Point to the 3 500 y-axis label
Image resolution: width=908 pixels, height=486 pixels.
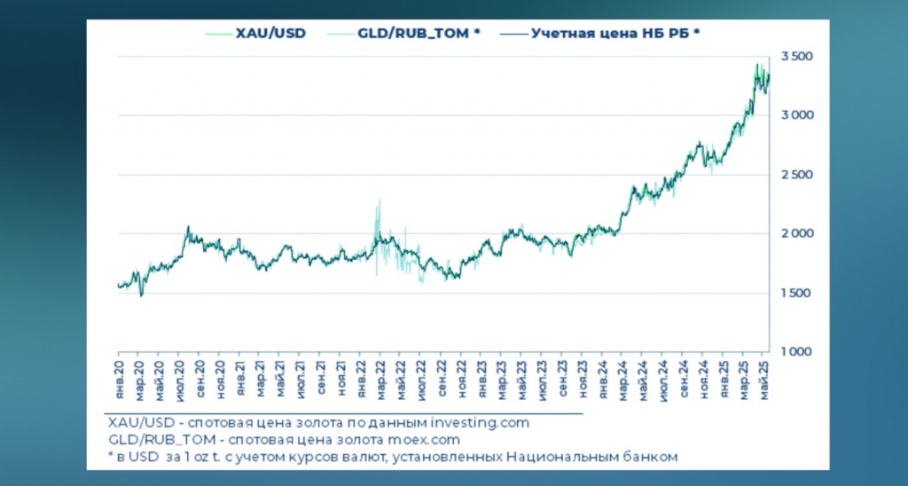pos(795,57)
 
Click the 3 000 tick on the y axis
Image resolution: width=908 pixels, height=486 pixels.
pos(795,116)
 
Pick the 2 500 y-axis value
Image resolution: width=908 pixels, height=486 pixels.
pos(795,175)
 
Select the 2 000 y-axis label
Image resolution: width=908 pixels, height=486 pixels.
pos(795,234)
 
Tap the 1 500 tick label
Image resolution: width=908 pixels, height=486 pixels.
pos(795,294)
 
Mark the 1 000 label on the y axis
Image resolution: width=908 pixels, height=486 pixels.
pos(795,352)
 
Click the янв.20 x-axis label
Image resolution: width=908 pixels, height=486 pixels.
pos(120,377)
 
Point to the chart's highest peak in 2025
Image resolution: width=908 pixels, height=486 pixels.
pos(757,66)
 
